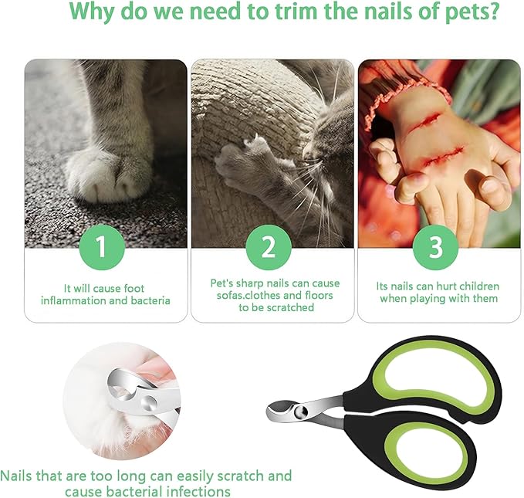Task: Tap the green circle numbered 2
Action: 269,247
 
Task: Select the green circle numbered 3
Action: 435,247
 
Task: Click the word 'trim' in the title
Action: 278,13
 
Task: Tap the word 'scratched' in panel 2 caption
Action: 289,307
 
